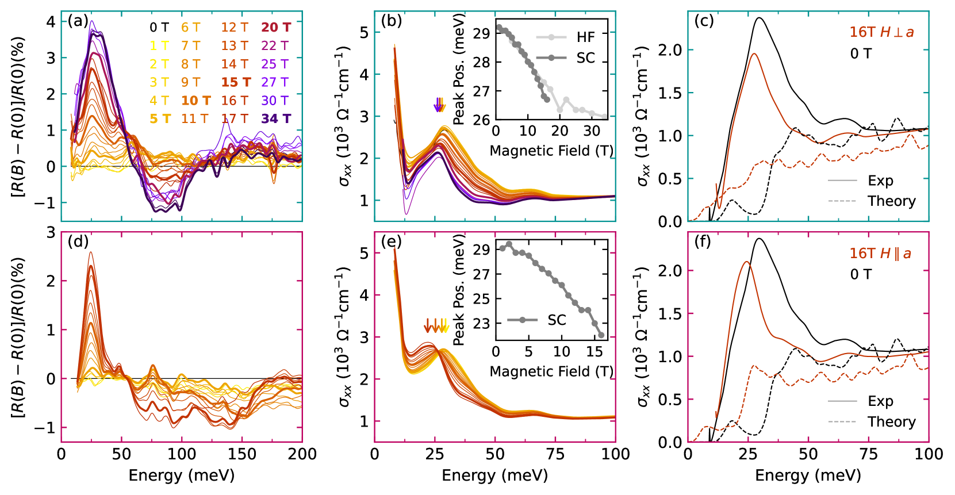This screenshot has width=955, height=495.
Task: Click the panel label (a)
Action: point(78,22)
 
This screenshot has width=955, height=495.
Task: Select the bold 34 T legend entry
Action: point(276,118)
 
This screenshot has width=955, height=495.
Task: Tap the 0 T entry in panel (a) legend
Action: point(159,28)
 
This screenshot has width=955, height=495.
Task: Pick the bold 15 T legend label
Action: point(236,82)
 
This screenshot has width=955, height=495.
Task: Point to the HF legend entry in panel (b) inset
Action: point(585,37)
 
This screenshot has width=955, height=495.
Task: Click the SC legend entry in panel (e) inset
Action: point(557,320)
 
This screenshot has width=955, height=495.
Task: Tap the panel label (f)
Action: point(703,241)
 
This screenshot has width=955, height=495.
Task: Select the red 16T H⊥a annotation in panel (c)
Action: point(881,32)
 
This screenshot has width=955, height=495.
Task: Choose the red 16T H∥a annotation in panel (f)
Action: point(880,254)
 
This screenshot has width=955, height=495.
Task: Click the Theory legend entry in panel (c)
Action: point(891,201)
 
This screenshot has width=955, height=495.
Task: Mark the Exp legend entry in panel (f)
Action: point(880,401)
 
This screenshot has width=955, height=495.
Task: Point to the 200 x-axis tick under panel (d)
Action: point(302,454)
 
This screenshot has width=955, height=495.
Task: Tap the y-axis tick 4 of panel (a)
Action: point(51,22)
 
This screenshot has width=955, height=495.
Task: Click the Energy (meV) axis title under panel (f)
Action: point(808,475)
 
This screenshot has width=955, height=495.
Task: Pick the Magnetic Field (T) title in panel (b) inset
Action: point(551,151)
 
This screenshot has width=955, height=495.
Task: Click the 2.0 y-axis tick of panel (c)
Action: point(669,50)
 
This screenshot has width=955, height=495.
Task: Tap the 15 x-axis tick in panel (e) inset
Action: point(594,351)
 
